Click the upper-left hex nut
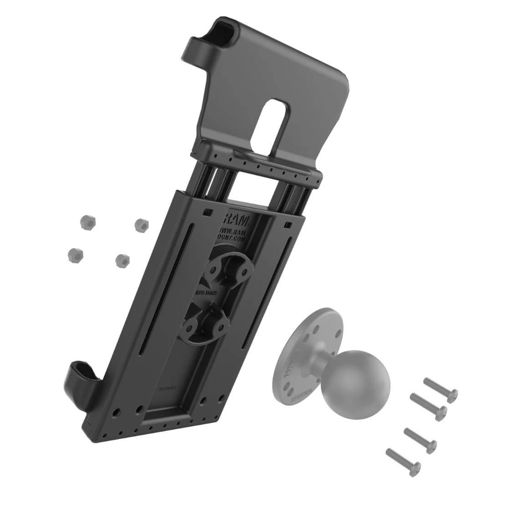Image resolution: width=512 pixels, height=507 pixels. tap(82, 223)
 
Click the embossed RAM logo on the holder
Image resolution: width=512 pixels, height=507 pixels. tap(238, 221)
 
